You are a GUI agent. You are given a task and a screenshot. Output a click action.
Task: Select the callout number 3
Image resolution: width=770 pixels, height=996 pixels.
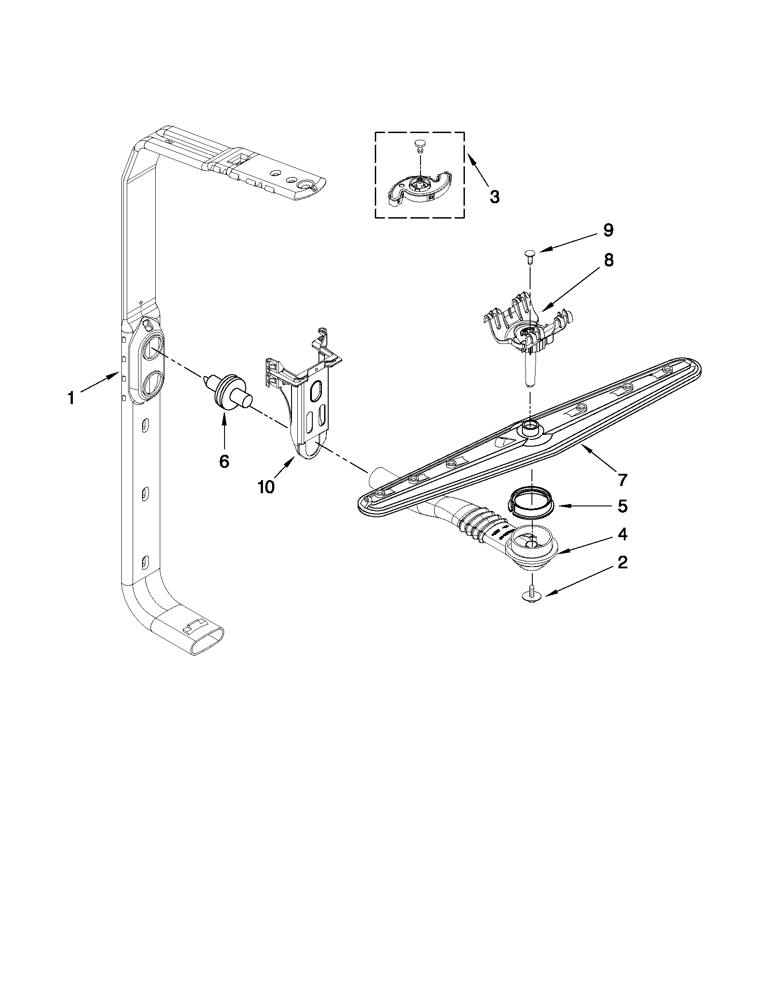pos(494,197)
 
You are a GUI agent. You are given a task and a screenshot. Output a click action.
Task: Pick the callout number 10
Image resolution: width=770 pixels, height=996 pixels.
pos(266,487)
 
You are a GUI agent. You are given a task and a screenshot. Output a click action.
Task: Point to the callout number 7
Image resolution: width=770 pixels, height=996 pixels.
pos(622,479)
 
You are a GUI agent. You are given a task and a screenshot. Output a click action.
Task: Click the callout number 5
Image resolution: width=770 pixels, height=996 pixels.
pos(622,506)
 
